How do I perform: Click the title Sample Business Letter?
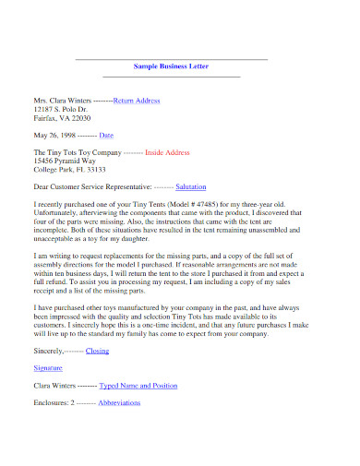(171, 67)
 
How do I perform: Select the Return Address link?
(137, 100)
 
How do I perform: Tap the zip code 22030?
(79, 118)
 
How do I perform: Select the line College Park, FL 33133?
(69, 169)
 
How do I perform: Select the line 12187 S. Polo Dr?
(62, 109)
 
